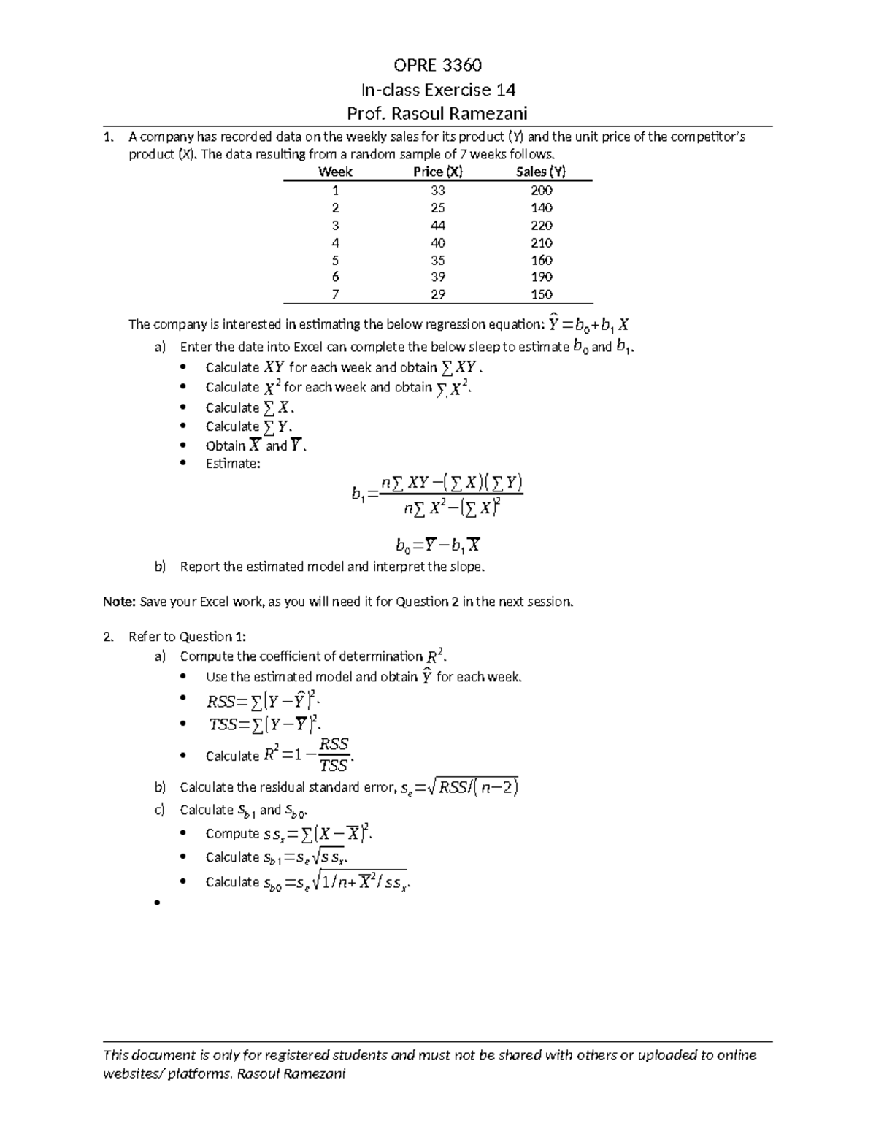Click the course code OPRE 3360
tap(437, 66)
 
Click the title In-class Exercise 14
tap(438, 90)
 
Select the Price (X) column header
tap(437, 172)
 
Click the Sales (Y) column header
tap(541, 172)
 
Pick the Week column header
tap(335, 172)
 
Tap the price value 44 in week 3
tap(437, 226)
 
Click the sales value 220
tap(541, 226)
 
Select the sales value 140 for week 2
tap(541, 208)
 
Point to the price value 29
tap(437, 295)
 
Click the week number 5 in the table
tap(335, 261)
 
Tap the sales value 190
tap(541, 277)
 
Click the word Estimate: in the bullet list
tap(233, 464)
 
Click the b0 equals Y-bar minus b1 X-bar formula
tap(438, 545)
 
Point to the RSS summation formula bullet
tap(264, 702)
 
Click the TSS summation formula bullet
tap(264, 725)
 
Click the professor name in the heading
tap(437, 114)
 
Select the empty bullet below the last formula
tap(156, 904)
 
